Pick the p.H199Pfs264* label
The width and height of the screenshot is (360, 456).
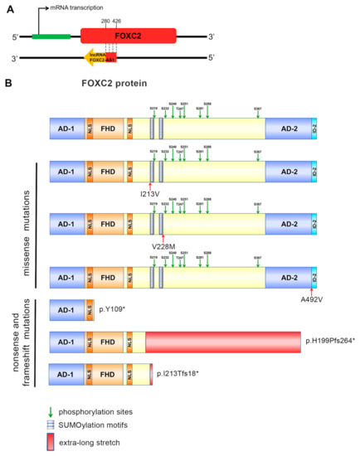point(329,342)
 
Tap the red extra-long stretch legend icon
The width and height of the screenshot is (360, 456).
point(56,442)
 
